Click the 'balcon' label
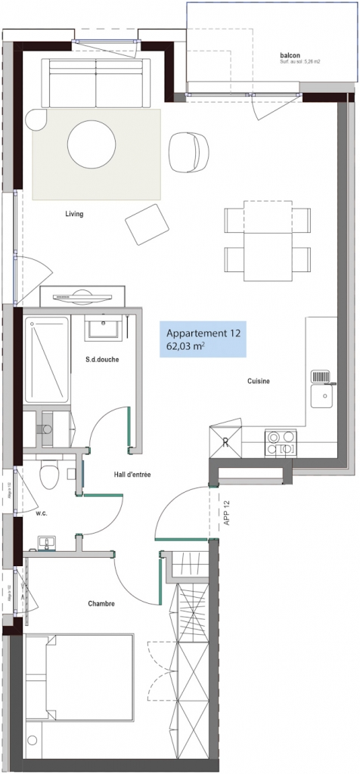click(289, 54)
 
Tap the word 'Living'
click(74, 214)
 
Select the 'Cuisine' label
click(259, 381)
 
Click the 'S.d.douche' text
click(102, 359)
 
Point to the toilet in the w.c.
click(49, 476)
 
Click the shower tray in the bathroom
click(48, 360)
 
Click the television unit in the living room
click(82, 296)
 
